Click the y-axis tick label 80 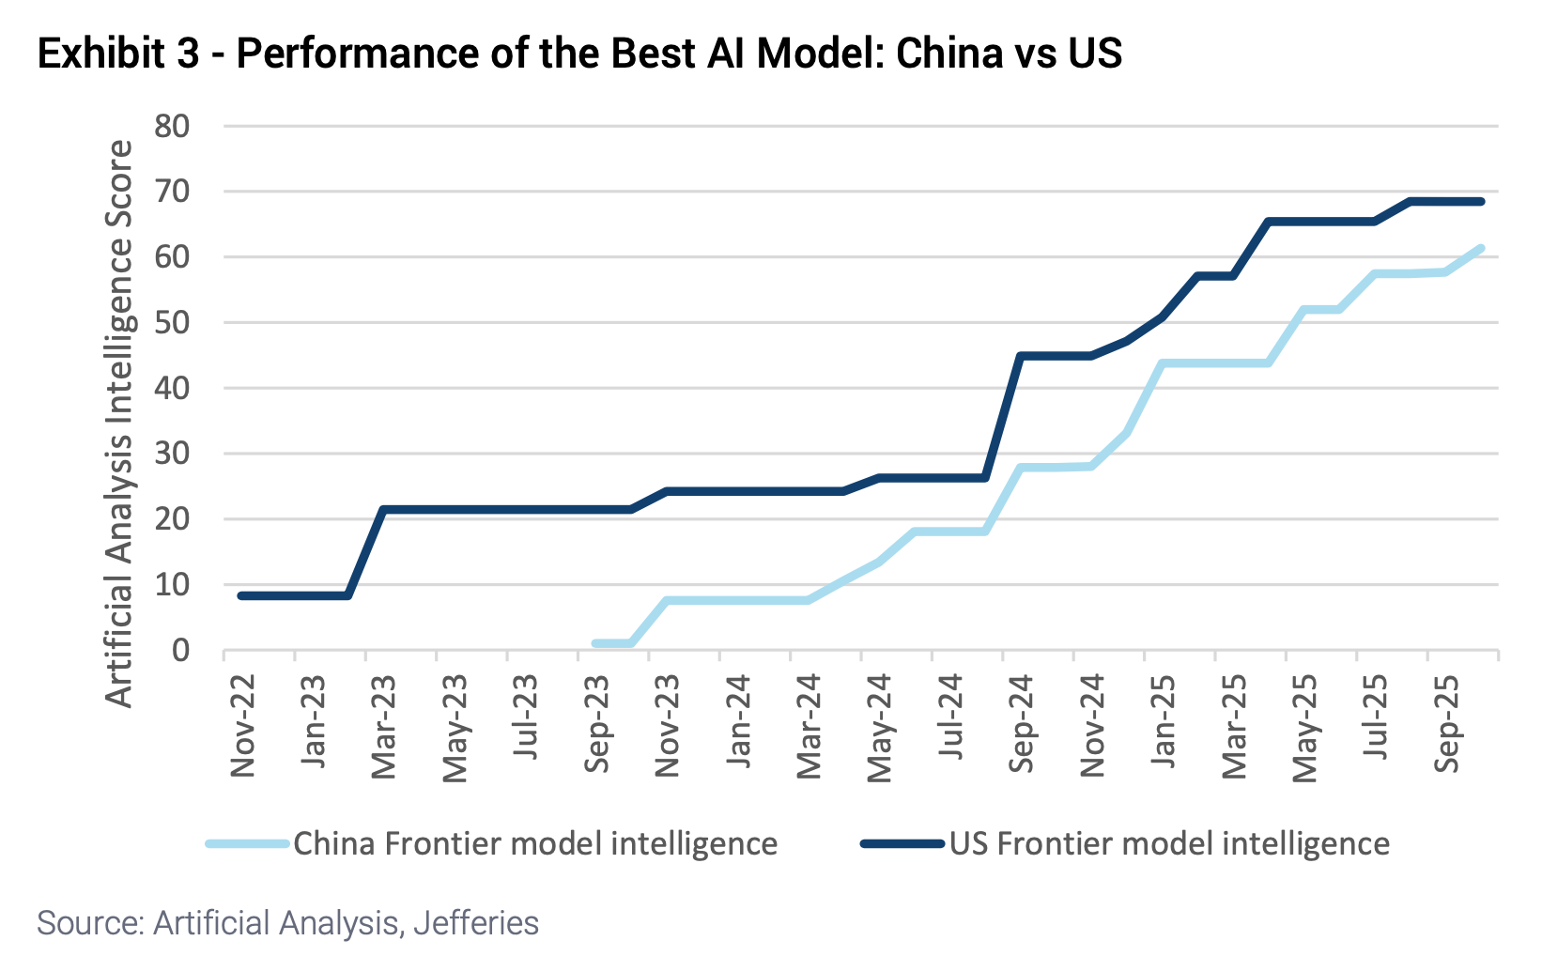171,126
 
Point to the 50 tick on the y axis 171,323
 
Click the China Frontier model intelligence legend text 535,843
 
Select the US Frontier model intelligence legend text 1169,843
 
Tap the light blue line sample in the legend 246,843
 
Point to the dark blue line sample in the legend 902,843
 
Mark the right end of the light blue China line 1480,249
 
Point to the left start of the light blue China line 595,643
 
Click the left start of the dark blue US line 241,595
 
